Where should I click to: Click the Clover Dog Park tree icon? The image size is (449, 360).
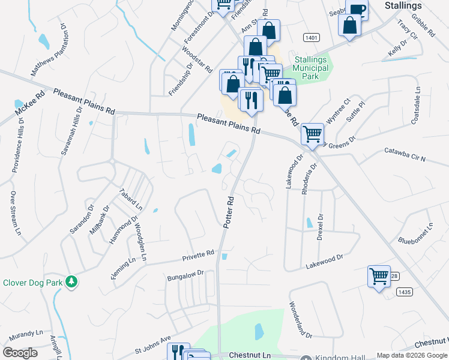(71, 281)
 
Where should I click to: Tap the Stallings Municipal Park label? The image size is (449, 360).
(312, 68)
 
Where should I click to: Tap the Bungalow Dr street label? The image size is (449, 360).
(186, 275)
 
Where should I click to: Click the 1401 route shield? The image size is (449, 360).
(311, 37)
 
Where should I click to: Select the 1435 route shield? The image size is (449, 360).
(404, 292)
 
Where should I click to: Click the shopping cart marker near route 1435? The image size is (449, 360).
(379, 277)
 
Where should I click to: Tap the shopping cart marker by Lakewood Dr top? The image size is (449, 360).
(312, 134)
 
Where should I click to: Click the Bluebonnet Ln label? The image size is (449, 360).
(415, 234)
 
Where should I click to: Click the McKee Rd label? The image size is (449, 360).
(30, 103)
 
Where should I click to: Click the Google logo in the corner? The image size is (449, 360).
(20, 353)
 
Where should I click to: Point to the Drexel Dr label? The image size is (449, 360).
(320, 227)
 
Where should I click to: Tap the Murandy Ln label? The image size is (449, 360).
(22, 332)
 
